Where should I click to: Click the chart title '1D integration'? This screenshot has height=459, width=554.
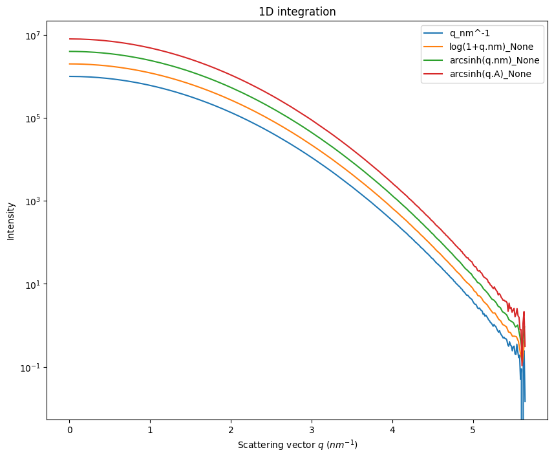tap(297, 12)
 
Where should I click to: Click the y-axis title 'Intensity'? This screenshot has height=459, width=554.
tap(11, 221)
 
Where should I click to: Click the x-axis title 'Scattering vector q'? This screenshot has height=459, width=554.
tap(297, 445)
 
